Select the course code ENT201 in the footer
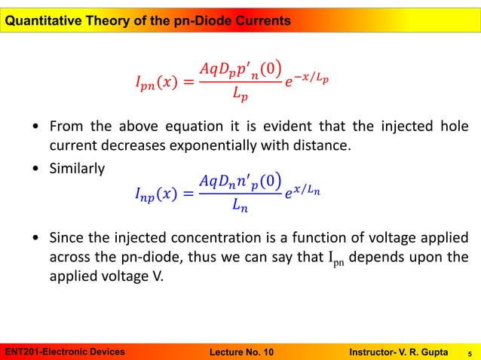pyautogui.click(x=21, y=351)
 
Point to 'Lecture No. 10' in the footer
pyautogui.click(x=239, y=351)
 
